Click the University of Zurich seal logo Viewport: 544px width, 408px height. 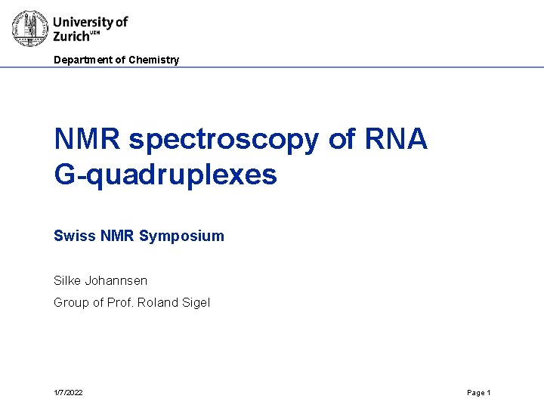point(30,29)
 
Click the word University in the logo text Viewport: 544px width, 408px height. point(82,22)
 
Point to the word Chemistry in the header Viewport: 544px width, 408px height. point(154,60)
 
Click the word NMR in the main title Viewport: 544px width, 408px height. point(88,139)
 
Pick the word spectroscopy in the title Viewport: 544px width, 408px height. point(224,139)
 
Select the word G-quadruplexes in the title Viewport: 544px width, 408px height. point(165,175)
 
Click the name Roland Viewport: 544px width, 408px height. point(160,303)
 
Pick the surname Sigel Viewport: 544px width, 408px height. point(196,303)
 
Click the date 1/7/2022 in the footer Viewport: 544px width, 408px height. point(68,393)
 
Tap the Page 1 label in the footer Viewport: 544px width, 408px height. point(479,393)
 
